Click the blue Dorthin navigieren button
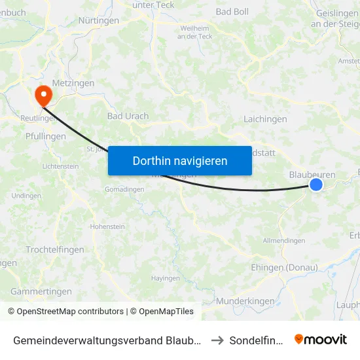(180, 160)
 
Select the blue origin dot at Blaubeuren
(315, 185)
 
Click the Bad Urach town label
(128, 117)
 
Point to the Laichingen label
(265, 120)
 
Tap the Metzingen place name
(74, 84)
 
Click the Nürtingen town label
(98, 21)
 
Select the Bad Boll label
(232, 12)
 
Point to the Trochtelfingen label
(54, 250)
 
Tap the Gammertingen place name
(41, 291)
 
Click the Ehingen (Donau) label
(285, 268)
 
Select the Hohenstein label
(107, 226)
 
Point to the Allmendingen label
(283, 241)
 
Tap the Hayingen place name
(165, 278)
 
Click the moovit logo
(321, 339)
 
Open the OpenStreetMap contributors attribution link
(65, 312)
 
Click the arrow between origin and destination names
(217, 340)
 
